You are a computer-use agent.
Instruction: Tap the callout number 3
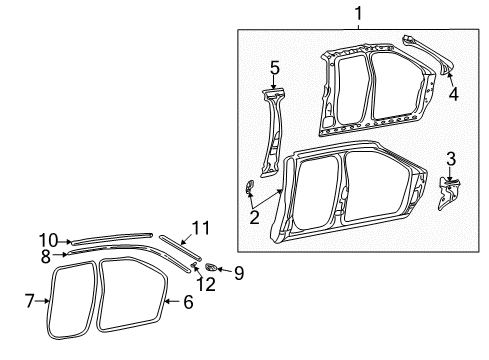click(450, 158)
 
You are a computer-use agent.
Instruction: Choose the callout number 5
click(273, 68)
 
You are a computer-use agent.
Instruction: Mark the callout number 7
click(29, 299)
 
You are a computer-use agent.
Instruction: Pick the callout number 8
click(45, 255)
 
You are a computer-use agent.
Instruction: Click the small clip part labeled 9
click(214, 267)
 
